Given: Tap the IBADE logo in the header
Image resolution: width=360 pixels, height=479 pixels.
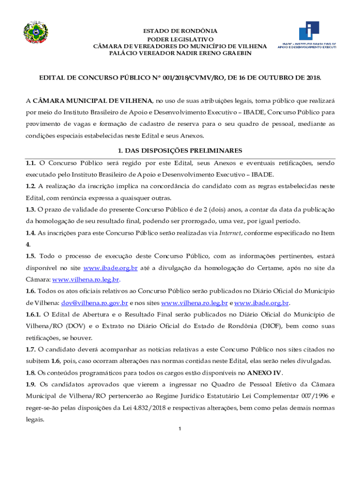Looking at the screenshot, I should click(x=307, y=35).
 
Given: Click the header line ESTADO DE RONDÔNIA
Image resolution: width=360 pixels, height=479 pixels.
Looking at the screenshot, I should click(x=180, y=31).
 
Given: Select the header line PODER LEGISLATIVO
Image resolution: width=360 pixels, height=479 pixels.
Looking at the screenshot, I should click(x=180, y=39).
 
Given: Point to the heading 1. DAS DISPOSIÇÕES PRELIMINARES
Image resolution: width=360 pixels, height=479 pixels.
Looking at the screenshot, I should click(x=180, y=151).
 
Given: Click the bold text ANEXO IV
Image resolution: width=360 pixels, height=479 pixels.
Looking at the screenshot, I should click(x=265, y=373).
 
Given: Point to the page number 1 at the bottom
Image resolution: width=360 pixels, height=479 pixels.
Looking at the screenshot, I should click(x=180, y=429).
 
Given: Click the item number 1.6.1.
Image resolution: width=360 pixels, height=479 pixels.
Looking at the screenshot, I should click(x=36, y=314).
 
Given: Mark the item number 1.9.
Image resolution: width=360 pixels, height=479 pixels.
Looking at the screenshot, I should click(x=31, y=385).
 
